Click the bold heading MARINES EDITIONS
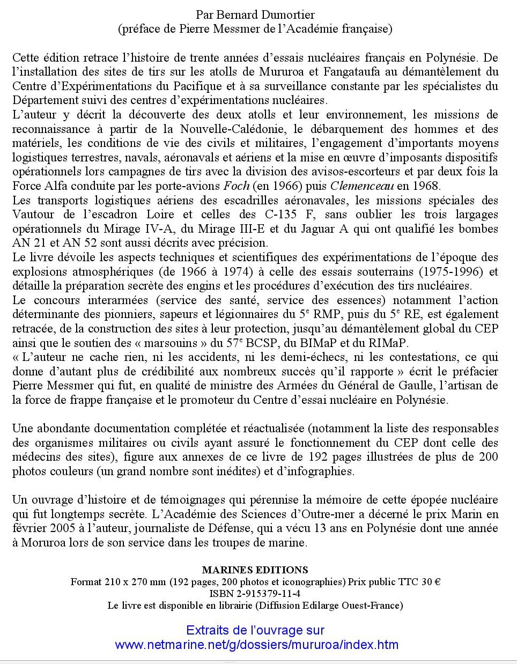[255, 570]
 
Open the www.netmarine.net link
[256, 644]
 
